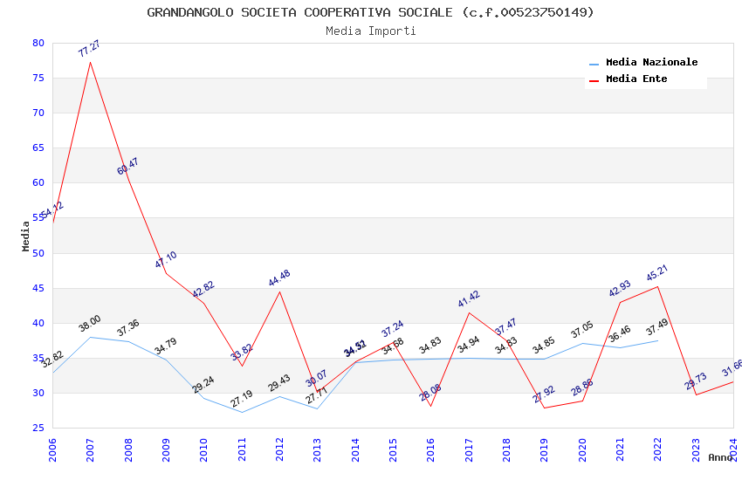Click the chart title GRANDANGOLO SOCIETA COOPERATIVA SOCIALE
[x=370, y=12]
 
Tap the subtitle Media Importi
[x=370, y=31]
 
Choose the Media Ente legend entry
[x=636, y=79]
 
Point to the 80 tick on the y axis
[x=38, y=43]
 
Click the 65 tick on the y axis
[x=38, y=148]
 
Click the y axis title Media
[x=26, y=236]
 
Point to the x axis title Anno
[x=720, y=457]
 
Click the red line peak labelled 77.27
[x=90, y=62]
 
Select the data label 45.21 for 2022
[x=657, y=273]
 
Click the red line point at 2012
[x=279, y=291]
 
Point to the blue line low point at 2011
[x=242, y=412]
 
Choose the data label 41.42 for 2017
[x=469, y=299]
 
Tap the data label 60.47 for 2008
[x=128, y=167]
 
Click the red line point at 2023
[x=696, y=394]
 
